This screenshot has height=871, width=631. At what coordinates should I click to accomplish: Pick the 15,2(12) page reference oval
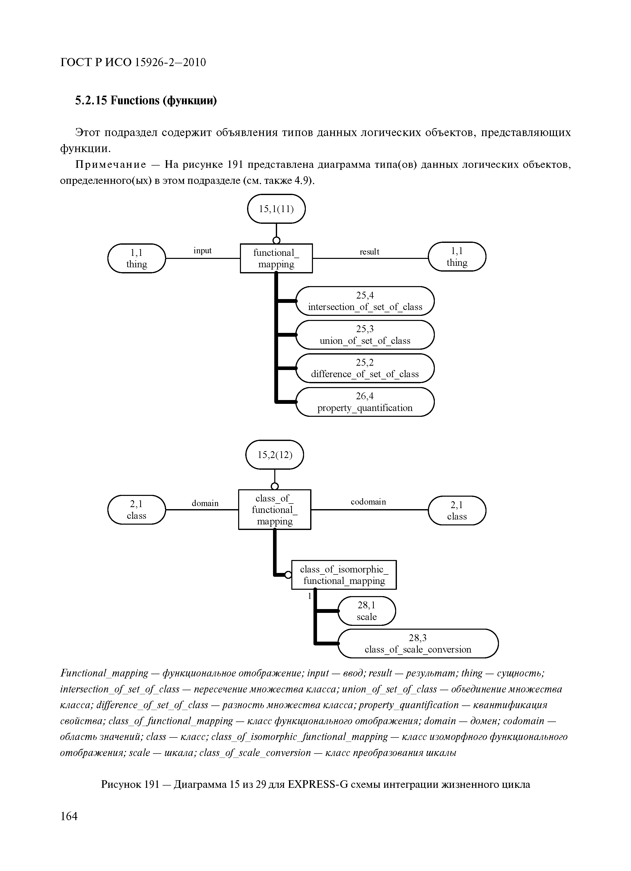tap(274, 455)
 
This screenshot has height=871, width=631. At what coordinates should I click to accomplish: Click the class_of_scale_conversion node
tap(418, 644)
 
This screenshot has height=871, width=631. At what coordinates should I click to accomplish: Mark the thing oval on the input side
tap(136, 258)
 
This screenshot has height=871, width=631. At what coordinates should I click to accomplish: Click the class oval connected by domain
tap(136, 510)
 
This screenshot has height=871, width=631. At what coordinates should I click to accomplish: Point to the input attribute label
tap(203, 251)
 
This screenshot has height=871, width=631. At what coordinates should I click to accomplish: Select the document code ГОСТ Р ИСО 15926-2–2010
tap(133, 62)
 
